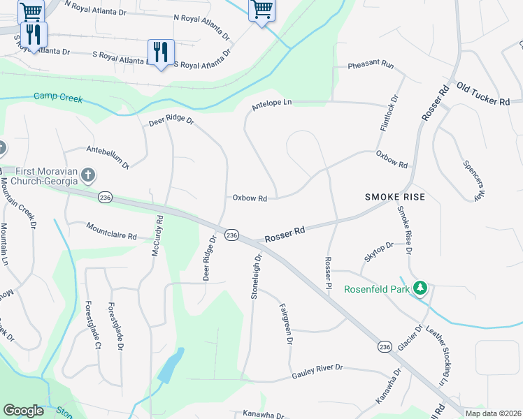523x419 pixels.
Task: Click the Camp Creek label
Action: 58,98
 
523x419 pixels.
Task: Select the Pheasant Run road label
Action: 372,64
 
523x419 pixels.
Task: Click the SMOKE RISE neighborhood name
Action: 394,198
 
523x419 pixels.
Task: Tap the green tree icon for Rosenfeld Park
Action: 420,288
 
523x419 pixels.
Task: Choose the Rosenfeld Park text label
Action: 376,288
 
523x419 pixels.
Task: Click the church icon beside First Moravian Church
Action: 87,175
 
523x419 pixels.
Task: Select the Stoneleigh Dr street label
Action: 257,277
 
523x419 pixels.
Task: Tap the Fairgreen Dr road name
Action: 285,324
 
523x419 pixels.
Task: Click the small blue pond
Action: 171,366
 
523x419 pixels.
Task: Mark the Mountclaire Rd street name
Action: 111,231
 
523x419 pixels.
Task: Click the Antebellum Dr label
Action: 108,156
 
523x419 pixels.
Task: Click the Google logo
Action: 24,411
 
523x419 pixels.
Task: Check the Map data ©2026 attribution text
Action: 493,413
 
